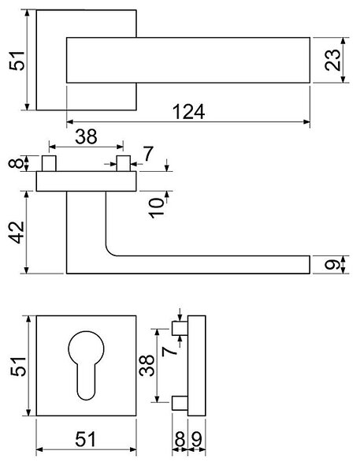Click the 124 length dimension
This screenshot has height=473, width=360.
(x=188, y=112)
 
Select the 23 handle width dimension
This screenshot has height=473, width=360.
(x=332, y=60)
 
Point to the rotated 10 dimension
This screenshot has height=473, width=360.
(x=157, y=208)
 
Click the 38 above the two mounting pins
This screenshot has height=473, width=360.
(x=86, y=136)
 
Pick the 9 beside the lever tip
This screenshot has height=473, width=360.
(x=332, y=265)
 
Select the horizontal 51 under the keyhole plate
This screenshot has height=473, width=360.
(x=85, y=440)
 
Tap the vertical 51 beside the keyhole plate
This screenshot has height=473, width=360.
(x=18, y=367)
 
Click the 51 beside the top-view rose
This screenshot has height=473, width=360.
(x=17, y=61)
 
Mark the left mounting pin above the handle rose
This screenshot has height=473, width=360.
(x=49, y=163)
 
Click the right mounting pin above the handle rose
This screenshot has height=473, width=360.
(x=124, y=163)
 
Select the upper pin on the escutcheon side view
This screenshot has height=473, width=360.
(x=180, y=328)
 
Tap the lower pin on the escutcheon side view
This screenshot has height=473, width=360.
(x=180, y=403)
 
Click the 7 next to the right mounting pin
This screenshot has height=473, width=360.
(x=148, y=154)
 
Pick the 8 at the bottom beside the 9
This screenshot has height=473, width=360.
(x=180, y=440)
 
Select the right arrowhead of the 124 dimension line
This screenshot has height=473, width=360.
(x=306, y=122)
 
